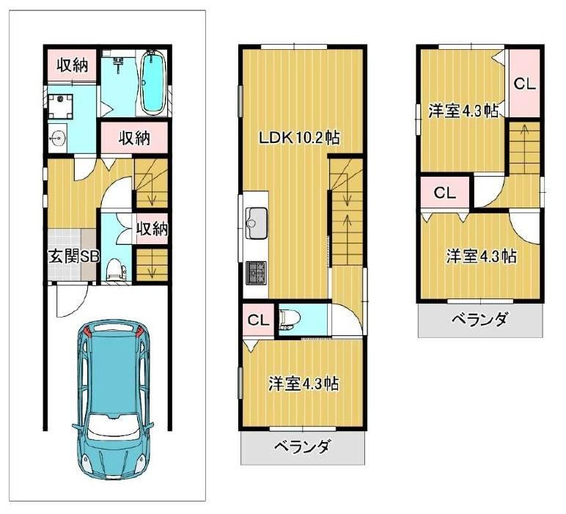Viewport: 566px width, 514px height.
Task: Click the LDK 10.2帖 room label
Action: pos(300,138)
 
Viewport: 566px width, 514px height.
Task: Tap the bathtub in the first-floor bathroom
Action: pos(152,82)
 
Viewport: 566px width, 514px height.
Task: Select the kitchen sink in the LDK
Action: pos(257,223)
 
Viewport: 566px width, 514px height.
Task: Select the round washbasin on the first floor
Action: pos(58,138)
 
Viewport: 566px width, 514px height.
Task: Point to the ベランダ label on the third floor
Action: pos(479,320)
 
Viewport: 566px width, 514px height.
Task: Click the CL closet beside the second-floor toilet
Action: pos(259,320)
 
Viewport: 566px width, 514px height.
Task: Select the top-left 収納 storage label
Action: pos(72,65)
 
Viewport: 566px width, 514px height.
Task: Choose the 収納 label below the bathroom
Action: pos(135,138)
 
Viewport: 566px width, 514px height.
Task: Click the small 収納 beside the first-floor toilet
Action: pos(152,229)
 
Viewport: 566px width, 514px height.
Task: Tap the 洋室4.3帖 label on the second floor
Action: pos(304,383)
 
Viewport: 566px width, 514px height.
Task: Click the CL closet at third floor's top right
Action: pos(524,84)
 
